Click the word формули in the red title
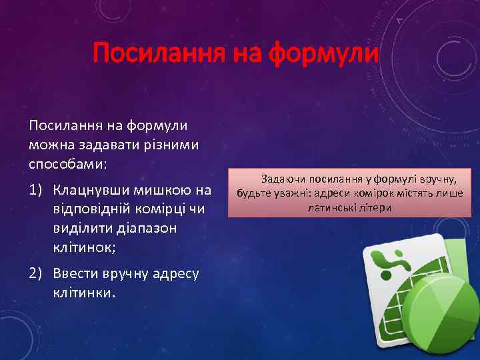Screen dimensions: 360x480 click(323, 53)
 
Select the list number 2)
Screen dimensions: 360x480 click(37, 274)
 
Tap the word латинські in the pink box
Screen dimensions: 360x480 click(330, 208)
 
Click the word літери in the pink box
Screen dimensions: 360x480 click(374, 208)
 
